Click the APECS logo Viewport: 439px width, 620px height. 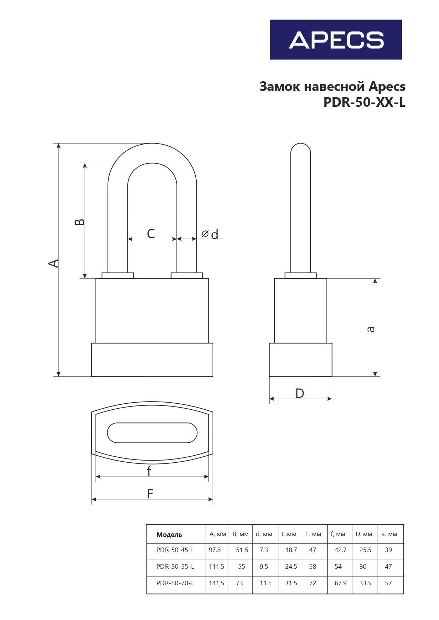(336, 40)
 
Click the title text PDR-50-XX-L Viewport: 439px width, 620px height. (364, 102)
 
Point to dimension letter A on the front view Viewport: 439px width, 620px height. (53, 263)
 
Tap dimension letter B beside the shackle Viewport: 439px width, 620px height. (80, 222)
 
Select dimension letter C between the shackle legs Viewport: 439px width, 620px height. (151, 234)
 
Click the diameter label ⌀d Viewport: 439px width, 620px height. (210, 234)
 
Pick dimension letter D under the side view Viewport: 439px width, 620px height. (300, 393)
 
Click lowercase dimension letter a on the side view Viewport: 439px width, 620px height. (370, 329)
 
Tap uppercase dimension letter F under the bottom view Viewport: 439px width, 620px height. (150, 494)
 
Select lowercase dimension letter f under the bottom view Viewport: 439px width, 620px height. (149, 471)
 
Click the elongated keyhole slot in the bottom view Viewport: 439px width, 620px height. (152, 433)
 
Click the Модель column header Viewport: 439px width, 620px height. (169, 535)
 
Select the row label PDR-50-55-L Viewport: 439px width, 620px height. (175, 567)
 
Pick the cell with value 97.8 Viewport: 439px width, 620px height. (215, 550)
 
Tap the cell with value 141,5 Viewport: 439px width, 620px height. (216, 583)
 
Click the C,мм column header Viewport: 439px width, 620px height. (289, 534)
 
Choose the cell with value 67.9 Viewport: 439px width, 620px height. (340, 583)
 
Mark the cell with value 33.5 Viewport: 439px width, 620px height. (365, 583)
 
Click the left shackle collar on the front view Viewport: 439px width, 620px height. (117, 275)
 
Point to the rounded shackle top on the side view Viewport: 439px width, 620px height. (301, 148)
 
